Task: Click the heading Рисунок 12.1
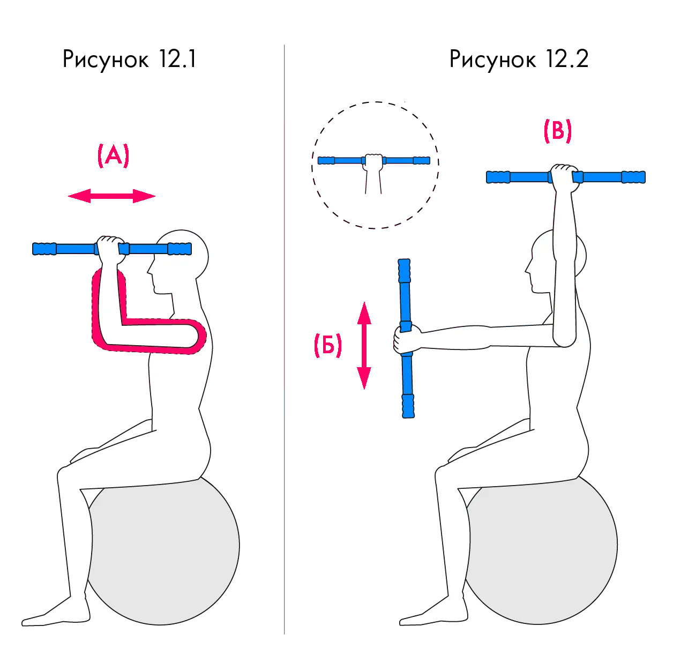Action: click(129, 59)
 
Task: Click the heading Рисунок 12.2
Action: click(519, 59)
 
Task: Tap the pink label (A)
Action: click(113, 155)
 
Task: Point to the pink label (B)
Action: click(558, 131)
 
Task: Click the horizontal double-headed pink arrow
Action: click(112, 196)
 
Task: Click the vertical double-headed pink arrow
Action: click(364, 346)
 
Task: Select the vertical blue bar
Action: click(406, 338)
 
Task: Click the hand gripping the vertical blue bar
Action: click(407, 340)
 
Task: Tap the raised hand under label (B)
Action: click(565, 177)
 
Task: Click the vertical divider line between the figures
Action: click(284, 339)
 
